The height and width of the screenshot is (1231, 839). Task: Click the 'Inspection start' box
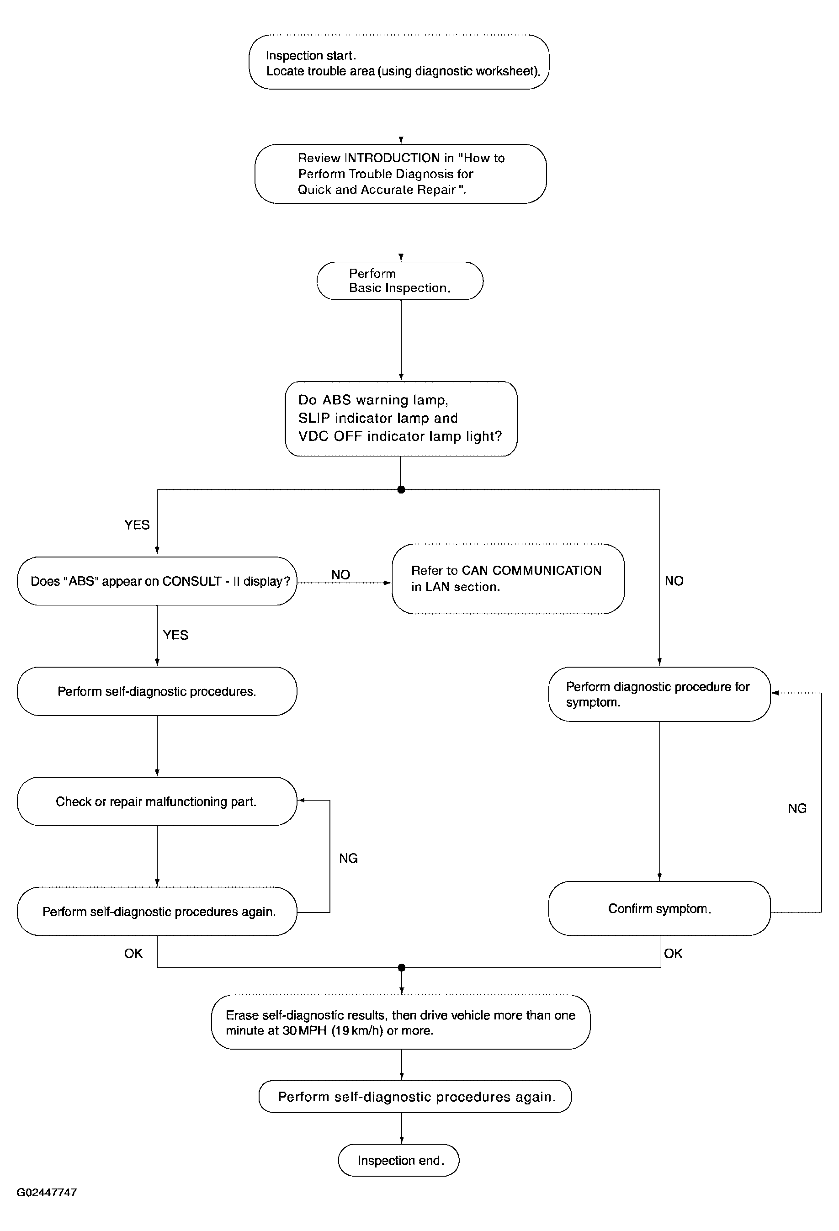tap(399, 62)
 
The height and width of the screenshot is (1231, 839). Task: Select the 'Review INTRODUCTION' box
tap(400, 174)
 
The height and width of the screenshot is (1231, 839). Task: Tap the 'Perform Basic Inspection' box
tap(400, 281)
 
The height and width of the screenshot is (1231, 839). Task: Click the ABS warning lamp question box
tap(401, 419)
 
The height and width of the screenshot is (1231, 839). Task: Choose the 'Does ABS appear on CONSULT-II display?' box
tap(157, 581)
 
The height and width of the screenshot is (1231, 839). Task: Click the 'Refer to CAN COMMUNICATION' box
tap(508, 579)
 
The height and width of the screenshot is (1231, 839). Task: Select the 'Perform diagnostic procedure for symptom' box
tap(659, 694)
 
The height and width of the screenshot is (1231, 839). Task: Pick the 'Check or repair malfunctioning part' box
tap(157, 801)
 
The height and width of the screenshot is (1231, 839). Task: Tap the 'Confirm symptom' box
tap(659, 908)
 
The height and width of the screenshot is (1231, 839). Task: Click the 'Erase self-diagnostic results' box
tap(400, 1022)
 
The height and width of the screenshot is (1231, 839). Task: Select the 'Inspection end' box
tap(399, 1161)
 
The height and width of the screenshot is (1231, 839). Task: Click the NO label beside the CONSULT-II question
tap(340, 575)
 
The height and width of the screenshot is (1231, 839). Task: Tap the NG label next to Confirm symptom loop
tap(797, 808)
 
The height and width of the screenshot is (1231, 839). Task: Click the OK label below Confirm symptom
tap(673, 954)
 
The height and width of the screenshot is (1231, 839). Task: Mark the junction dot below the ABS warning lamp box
tap(401, 489)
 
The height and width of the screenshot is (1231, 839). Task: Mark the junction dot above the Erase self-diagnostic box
tap(402, 968)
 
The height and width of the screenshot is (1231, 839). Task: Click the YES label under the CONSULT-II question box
tap(175, 635)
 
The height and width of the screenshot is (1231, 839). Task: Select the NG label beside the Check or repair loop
tap(349, 858)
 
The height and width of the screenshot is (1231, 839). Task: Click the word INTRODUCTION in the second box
tap(393, 158)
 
